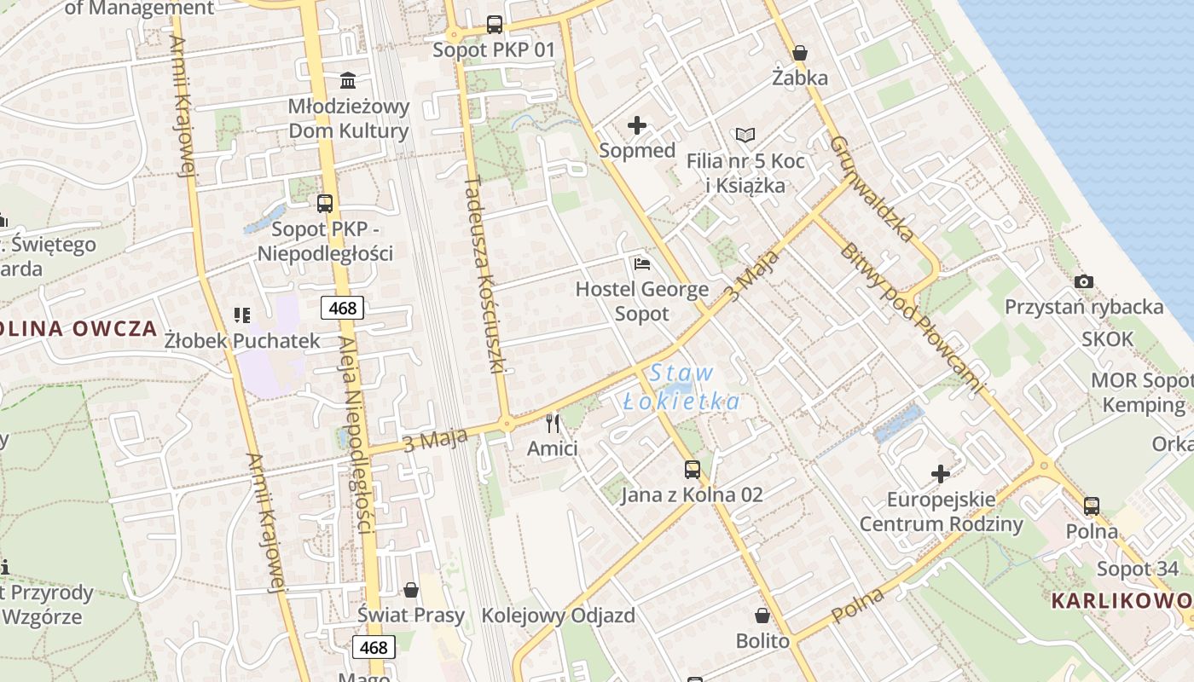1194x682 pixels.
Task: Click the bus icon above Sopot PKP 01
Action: (495, 25)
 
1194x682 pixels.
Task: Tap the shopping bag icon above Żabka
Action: (800, 53)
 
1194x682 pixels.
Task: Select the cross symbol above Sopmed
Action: (637, 126)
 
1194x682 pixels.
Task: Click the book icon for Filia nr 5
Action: (745, 135)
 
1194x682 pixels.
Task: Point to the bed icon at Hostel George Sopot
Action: (641, 263)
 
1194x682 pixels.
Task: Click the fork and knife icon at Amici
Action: (553, 423)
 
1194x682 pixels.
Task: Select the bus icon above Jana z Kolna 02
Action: (692, 469)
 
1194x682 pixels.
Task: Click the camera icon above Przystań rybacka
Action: (1084, 281)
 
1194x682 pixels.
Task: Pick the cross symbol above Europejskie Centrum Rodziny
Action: (941, 473)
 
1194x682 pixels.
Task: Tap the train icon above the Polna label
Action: (1092, 506)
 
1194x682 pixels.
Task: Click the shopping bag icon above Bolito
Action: (762, 615)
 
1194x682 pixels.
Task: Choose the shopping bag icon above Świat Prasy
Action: (411, 589)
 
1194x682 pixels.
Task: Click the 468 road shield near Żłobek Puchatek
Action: (343, 308)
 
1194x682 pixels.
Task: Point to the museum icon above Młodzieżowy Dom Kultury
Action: (348, 81)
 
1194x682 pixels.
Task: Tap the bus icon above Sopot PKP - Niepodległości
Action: (324, 203)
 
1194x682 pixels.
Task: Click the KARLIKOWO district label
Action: (1121, 600)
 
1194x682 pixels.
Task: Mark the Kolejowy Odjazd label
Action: (558, 616)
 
